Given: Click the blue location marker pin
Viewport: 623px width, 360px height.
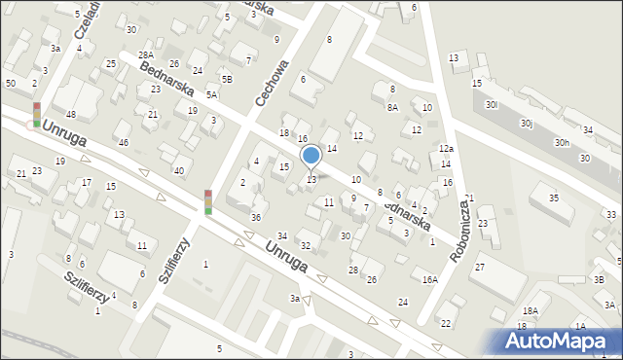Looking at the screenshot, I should [311, 156].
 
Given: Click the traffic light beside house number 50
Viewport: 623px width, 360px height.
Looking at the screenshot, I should [37, 114].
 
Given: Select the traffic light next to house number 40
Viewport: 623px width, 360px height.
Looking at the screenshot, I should [207, 201].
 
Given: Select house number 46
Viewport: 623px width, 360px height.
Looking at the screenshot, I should [123, 143].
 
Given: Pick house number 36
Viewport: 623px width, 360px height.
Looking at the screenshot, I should [255, 217].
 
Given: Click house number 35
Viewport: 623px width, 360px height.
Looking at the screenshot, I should [554, 198].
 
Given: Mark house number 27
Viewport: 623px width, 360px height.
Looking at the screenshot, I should [480, 267].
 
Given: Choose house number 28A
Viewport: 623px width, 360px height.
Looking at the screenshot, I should [145, 54].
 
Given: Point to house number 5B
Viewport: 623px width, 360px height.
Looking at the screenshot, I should [227, 79].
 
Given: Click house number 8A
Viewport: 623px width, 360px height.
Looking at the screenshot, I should [392, 108].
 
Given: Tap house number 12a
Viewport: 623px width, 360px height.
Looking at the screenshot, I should [446, 148].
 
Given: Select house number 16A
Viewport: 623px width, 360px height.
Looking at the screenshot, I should [429, 279].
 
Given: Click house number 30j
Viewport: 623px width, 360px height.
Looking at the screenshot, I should [527, 124].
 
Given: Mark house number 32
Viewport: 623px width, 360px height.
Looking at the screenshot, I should [305, 245].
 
